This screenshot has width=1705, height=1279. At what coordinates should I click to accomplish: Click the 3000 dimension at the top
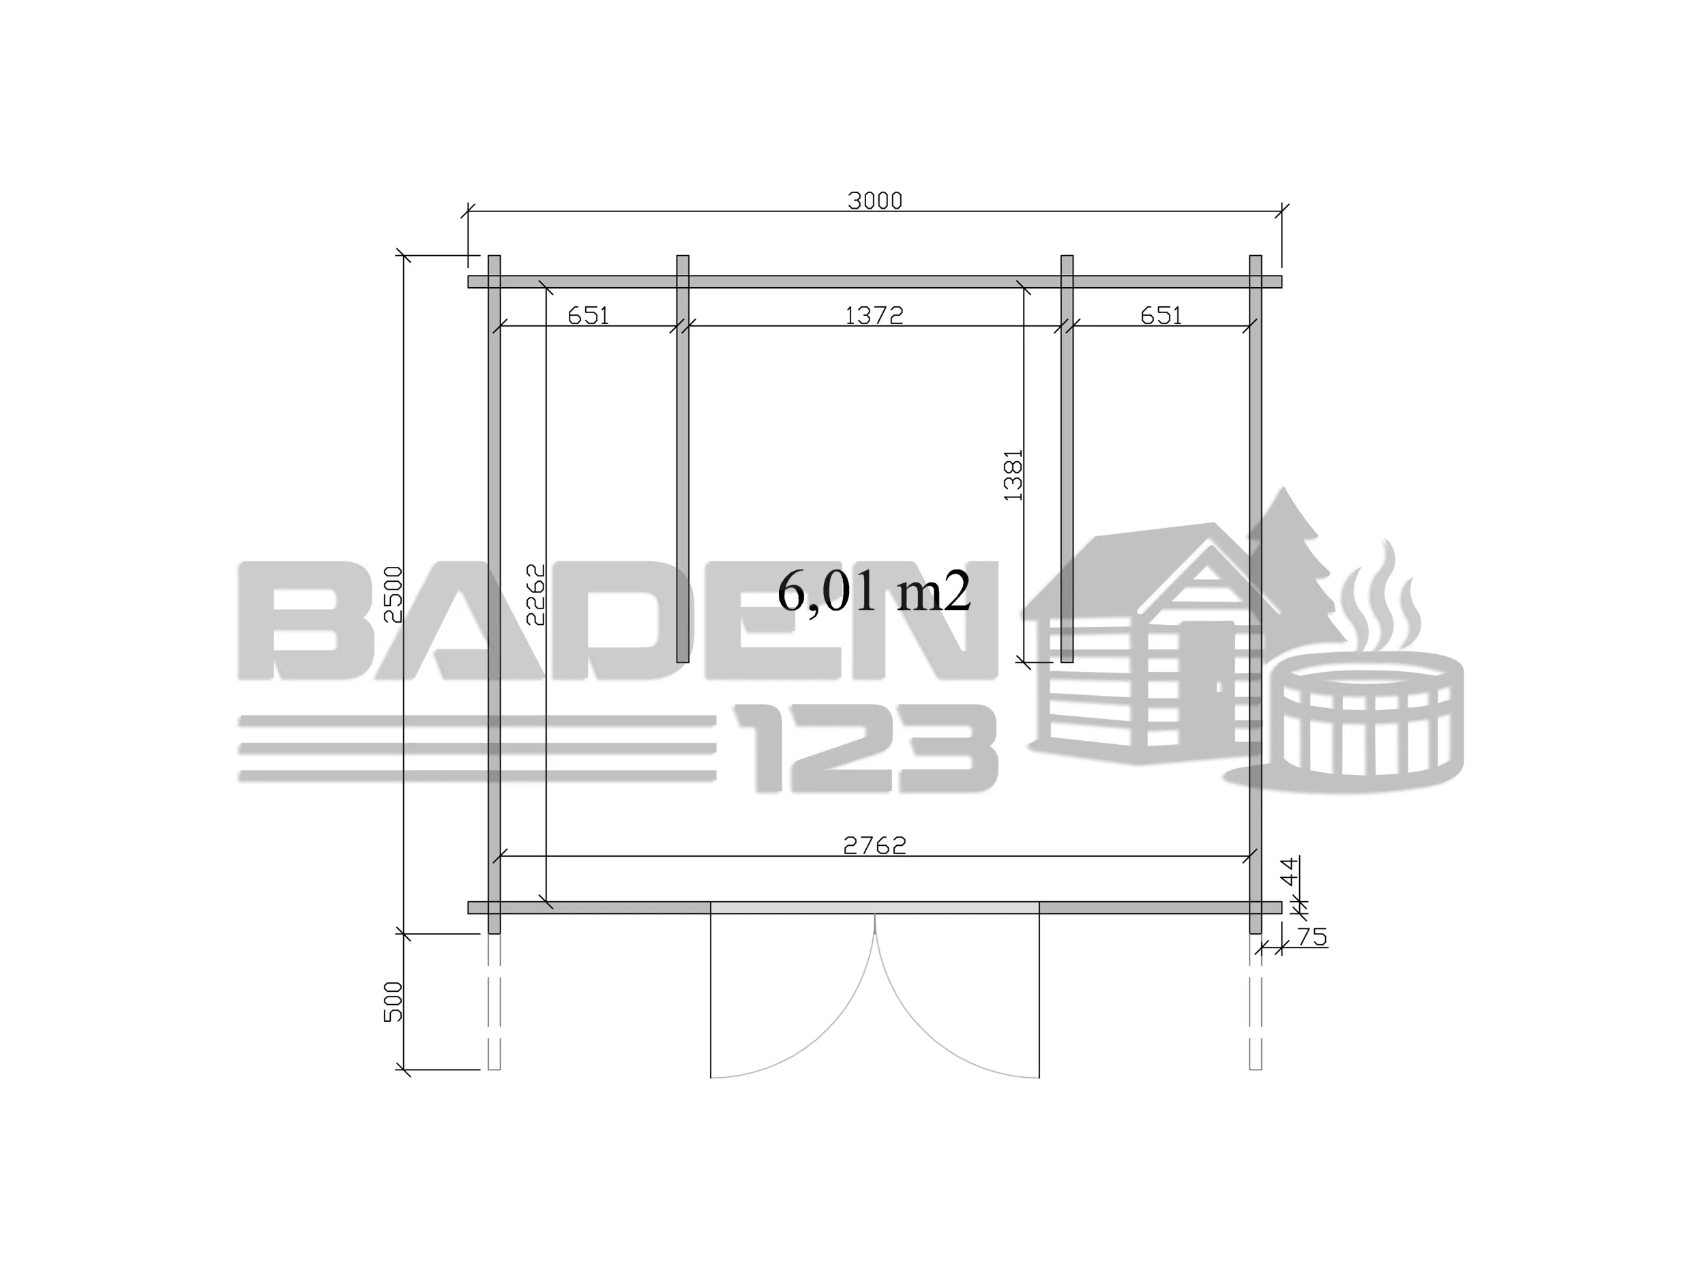point(874,201)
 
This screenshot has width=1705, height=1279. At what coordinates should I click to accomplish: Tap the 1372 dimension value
point(874,315)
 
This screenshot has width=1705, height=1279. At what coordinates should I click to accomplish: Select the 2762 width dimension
point(874,846)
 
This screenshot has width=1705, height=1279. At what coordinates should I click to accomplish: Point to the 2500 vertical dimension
point(393,594)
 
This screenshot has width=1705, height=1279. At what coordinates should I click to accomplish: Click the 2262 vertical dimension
point(535,594)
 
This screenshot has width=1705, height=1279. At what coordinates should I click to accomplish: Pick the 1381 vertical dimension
point(1013,475)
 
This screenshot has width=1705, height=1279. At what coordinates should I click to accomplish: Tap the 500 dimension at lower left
point(393,1002)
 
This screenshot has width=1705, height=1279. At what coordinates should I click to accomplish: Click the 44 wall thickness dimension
point(1289,874)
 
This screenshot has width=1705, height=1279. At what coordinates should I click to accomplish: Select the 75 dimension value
point(1312,937)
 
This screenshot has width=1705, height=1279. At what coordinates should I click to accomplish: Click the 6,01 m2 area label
point(874,592)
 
